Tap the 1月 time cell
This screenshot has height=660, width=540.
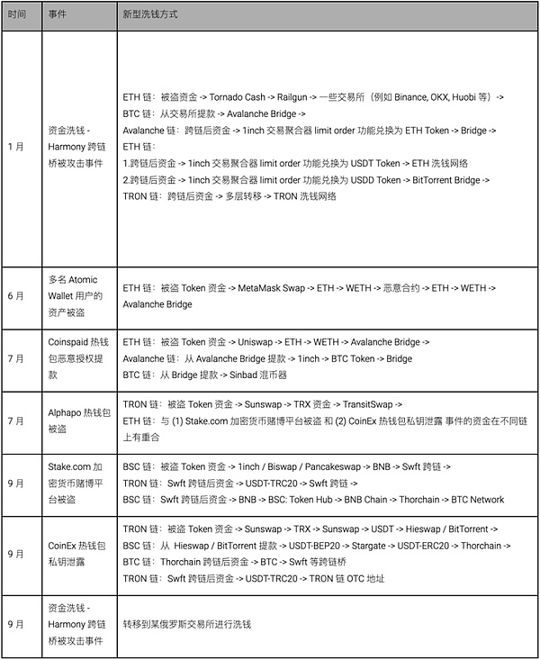pyautogui.click(x=16, y=146)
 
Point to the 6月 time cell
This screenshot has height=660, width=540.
pyautogui.click(x=16, y=295)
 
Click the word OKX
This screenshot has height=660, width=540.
pyautogui.click(x=444, y=96)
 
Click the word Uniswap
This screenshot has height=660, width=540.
pyautogui.click(x=258, y=342)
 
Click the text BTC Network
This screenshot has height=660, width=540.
pyautogui.click(x=478, y=499)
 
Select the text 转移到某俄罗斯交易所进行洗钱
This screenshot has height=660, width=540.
pyautogui.click(x=186, y=623)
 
